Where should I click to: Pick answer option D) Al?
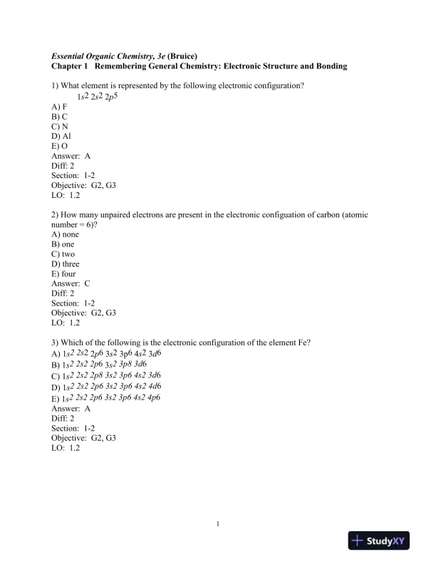pos(61,135)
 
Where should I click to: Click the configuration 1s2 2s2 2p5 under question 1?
pos(98,95)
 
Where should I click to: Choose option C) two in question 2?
pos(63,254)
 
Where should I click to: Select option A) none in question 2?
pos(66,234)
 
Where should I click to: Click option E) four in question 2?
pos(63,273)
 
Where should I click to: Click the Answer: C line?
pos(71,283)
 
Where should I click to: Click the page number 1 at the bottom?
pos(217,526)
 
